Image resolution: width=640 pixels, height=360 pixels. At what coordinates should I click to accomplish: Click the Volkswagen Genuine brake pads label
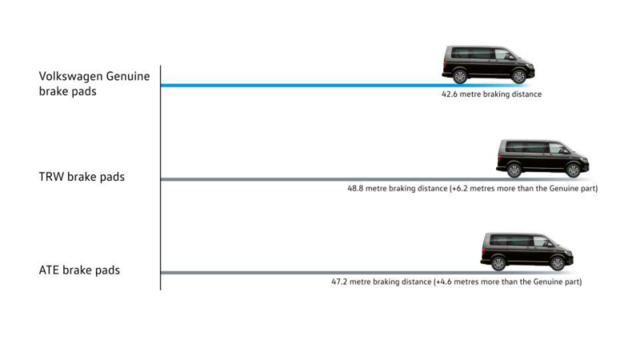(94, 84)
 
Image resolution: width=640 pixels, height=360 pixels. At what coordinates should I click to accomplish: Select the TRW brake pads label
(82, 177)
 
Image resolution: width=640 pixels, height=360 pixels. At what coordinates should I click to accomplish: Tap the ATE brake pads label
(79, 270)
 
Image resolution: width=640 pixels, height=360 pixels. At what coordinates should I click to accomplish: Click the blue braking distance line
(344, 86)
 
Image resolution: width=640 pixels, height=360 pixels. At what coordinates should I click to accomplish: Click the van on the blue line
(488, 64)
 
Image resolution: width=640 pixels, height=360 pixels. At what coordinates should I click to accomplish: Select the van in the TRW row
(542, 158)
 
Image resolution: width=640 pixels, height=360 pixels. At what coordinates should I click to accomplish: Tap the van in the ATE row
(526, 251)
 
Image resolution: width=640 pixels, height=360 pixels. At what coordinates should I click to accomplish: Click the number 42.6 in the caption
(450, 94)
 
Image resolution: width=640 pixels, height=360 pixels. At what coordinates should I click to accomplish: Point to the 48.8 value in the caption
(355, 189)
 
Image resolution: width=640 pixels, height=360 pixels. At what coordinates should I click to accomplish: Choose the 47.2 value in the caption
(339, 282)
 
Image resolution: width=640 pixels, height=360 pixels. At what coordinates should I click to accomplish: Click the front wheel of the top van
(518, 76)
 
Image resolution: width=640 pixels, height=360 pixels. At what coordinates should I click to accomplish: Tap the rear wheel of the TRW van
(514, 170)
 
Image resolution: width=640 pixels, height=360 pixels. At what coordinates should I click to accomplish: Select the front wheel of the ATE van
(557, 263)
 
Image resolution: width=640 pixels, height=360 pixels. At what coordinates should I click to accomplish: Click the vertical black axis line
(161, 178)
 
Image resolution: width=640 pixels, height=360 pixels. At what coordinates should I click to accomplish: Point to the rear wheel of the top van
(459, 76)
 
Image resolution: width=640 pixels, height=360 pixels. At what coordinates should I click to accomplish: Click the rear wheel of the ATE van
(498, 263)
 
